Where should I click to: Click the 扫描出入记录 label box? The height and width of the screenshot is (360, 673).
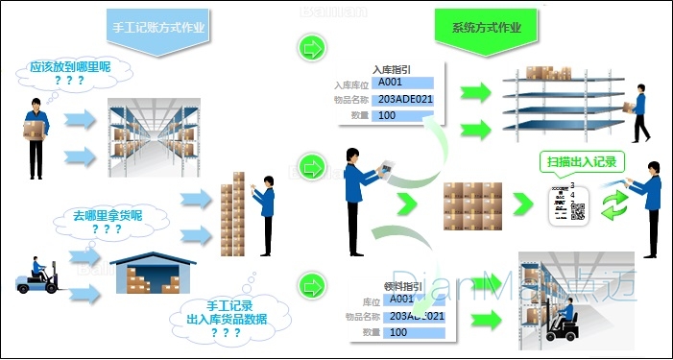[576, 161]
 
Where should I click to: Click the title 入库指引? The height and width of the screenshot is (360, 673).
[392, 69]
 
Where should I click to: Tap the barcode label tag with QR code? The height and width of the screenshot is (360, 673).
[567, 204]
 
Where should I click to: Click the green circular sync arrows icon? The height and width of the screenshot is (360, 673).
[614, 204]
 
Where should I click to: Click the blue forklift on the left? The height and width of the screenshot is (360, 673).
[39, 276]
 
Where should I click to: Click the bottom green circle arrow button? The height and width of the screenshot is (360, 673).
[310, 284]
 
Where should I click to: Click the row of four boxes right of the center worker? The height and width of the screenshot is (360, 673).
[474, 203]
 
